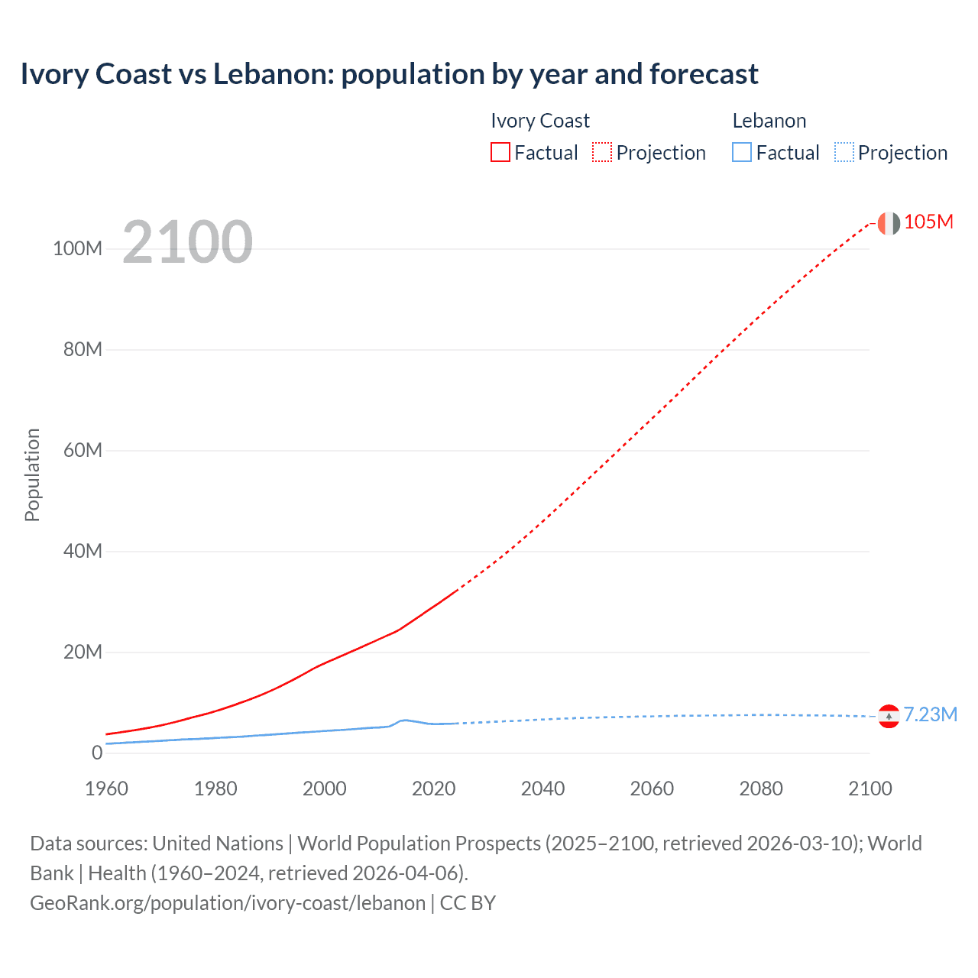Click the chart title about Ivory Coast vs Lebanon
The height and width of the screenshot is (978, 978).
[x=389, y=74]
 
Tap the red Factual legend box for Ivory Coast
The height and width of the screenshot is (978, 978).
[x=500, y=152]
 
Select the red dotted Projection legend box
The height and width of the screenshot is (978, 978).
[x=602, y=152]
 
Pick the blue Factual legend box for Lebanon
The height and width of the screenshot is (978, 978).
[x=741, y=152]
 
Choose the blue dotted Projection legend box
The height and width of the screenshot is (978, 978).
[x=844, y=152]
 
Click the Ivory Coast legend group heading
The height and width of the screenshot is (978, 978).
[x=539, y=121]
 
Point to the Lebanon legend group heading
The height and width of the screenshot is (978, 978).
[x=769, y=121]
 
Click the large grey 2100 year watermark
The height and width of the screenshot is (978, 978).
[x=187, y=242]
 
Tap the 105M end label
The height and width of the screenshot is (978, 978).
[x=928, y=222]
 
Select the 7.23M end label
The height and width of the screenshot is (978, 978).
[x=930, y=714]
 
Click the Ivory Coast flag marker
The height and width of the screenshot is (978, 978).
[x=889, y=223]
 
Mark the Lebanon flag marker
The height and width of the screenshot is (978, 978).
[x=889, y=716]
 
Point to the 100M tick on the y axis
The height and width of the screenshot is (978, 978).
[x=77, y=249]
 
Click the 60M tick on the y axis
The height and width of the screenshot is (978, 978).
[x=83, y=450]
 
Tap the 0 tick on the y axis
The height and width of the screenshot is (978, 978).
[x=97, y=753]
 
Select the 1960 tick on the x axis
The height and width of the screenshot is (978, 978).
[x=106, y=789]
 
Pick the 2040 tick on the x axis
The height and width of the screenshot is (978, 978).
[x=542, y=789]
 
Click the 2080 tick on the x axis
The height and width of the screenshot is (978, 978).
[x=761, y=789]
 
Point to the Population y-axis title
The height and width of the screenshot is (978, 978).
[x=32, y=474]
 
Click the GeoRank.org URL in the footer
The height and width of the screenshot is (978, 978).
[x=228, y=903]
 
